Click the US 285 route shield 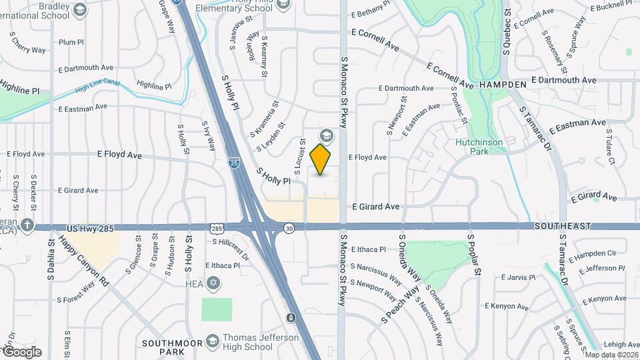click(217, 229)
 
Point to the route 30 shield click(288, 229)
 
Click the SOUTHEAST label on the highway click(562, 227)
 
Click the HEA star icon click(213, 283)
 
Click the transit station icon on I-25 click(291, 317)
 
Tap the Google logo click(21, 352)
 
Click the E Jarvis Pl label click(518, 277)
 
